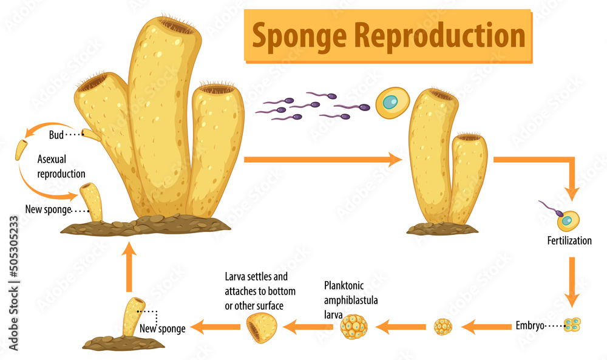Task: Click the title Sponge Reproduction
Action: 388,36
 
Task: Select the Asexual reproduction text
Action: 61,168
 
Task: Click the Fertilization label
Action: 569,240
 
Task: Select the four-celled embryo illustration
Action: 572,325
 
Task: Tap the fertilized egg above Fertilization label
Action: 568,220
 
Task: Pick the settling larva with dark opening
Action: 262,328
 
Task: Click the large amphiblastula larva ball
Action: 353,327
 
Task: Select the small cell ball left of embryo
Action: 443,327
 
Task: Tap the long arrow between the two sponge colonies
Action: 322,160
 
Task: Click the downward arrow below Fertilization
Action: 571,282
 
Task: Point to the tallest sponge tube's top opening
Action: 176,25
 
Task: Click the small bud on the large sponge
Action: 92,135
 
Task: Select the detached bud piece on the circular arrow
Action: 22,149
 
